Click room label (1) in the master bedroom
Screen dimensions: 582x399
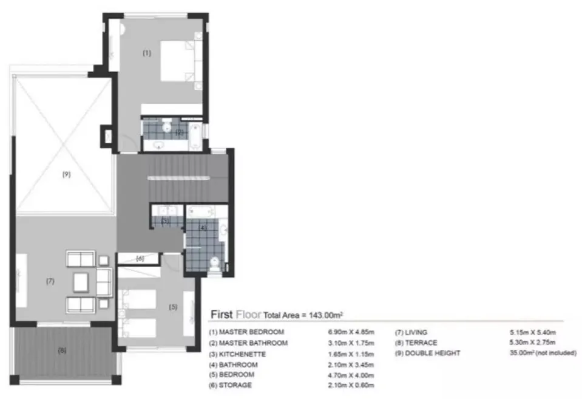tap(147, 53)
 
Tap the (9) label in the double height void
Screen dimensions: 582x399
tap(66, 174)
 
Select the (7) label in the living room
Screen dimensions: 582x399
tap(50, 281)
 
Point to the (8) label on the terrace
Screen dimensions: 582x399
tap(62, 350)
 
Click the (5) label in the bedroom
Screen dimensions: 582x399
tap(173, 307)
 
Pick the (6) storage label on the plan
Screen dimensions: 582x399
tap(140, 258)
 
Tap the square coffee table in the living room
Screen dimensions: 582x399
tap(81, 282)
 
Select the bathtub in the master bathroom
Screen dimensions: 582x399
tap(195, 136)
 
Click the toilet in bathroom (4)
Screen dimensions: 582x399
tap(215, 262)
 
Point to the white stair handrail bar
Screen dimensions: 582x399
tap(178, 179)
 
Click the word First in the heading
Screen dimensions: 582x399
tap(222, 315)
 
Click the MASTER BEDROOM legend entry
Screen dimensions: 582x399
tap(251, 332)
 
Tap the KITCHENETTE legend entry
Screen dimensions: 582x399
tap(242, 354)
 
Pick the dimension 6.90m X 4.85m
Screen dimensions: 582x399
tap(351, 332)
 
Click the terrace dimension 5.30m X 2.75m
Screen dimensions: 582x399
tap(533, 342)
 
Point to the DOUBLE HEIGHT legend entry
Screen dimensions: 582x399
tap(433, 353)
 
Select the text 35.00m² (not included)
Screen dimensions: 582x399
tap(543, 353)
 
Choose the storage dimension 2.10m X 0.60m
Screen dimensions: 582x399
tap(351, 385)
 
